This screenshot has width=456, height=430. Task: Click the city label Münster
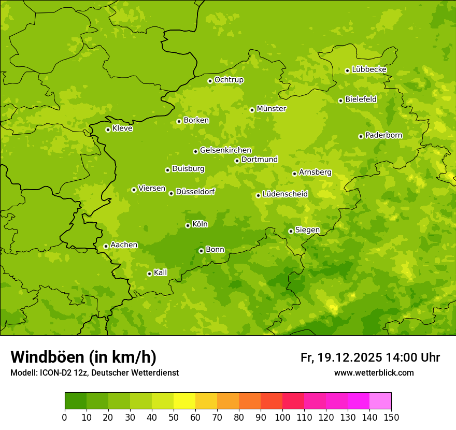(272, 109)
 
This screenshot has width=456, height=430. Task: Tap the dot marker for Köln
(188, 225)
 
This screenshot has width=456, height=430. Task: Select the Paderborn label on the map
(384, 135)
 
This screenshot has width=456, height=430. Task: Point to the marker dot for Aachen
(106, 246)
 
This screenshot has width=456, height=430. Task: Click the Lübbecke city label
(369, 69)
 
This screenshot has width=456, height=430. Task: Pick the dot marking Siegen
(291, 231)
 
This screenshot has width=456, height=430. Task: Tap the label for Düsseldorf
(195, 192)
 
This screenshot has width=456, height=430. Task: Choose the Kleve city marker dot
(108, 130)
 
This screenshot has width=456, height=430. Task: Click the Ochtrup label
(229, 80)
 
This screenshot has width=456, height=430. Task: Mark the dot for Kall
(149, 274)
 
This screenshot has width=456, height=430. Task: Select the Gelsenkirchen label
(225, 150)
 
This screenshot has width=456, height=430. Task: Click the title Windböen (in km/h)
(83, 357)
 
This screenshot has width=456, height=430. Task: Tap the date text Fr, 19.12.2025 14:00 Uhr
(370, 357)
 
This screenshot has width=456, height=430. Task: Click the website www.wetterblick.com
(374, 372)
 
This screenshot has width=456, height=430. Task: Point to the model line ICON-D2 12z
(94, 372)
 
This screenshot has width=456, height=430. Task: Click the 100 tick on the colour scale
(282, 417)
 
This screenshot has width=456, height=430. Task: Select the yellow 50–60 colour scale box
(184, 401)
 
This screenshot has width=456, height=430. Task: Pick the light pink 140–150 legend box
(380, 401)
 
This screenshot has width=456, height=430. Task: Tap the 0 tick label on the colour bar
(65, 417)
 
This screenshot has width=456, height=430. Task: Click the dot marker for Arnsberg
(294, 174)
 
